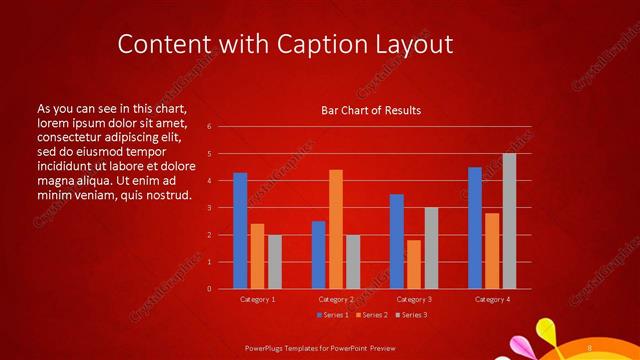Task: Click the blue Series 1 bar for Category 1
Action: tap(240, 231)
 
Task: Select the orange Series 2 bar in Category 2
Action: tap(336, 229)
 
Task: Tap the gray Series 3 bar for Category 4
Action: tap(509, 221)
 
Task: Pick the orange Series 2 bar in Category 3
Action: tap(414, 264)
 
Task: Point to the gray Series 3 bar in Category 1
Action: tap(275, 262)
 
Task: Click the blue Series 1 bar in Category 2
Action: tap(319, 255)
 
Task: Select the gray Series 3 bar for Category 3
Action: tap(431, 248)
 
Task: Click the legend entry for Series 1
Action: tap(332, 316)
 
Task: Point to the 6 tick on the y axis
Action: tap(209, 127)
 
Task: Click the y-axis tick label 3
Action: tap(209, 208)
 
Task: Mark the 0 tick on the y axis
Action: tap(209, 289)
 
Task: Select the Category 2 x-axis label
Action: tap(336, 299)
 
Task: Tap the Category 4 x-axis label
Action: tap(491, 299)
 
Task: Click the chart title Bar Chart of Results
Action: tap(370, 110)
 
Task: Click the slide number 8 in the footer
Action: tap(590, 347)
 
